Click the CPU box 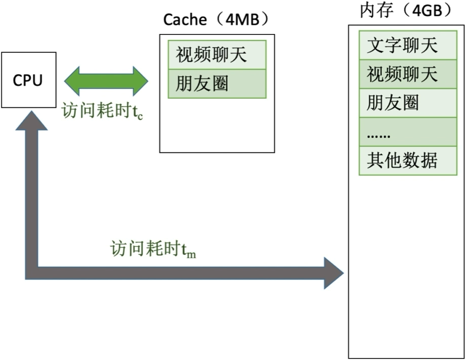point(28,79)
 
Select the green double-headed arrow point(106,80)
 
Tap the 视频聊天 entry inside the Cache point(217,55)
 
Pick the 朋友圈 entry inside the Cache point(217,84)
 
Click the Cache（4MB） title point(216,19)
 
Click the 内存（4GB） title point(405,11)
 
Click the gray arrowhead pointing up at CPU point(32,124)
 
